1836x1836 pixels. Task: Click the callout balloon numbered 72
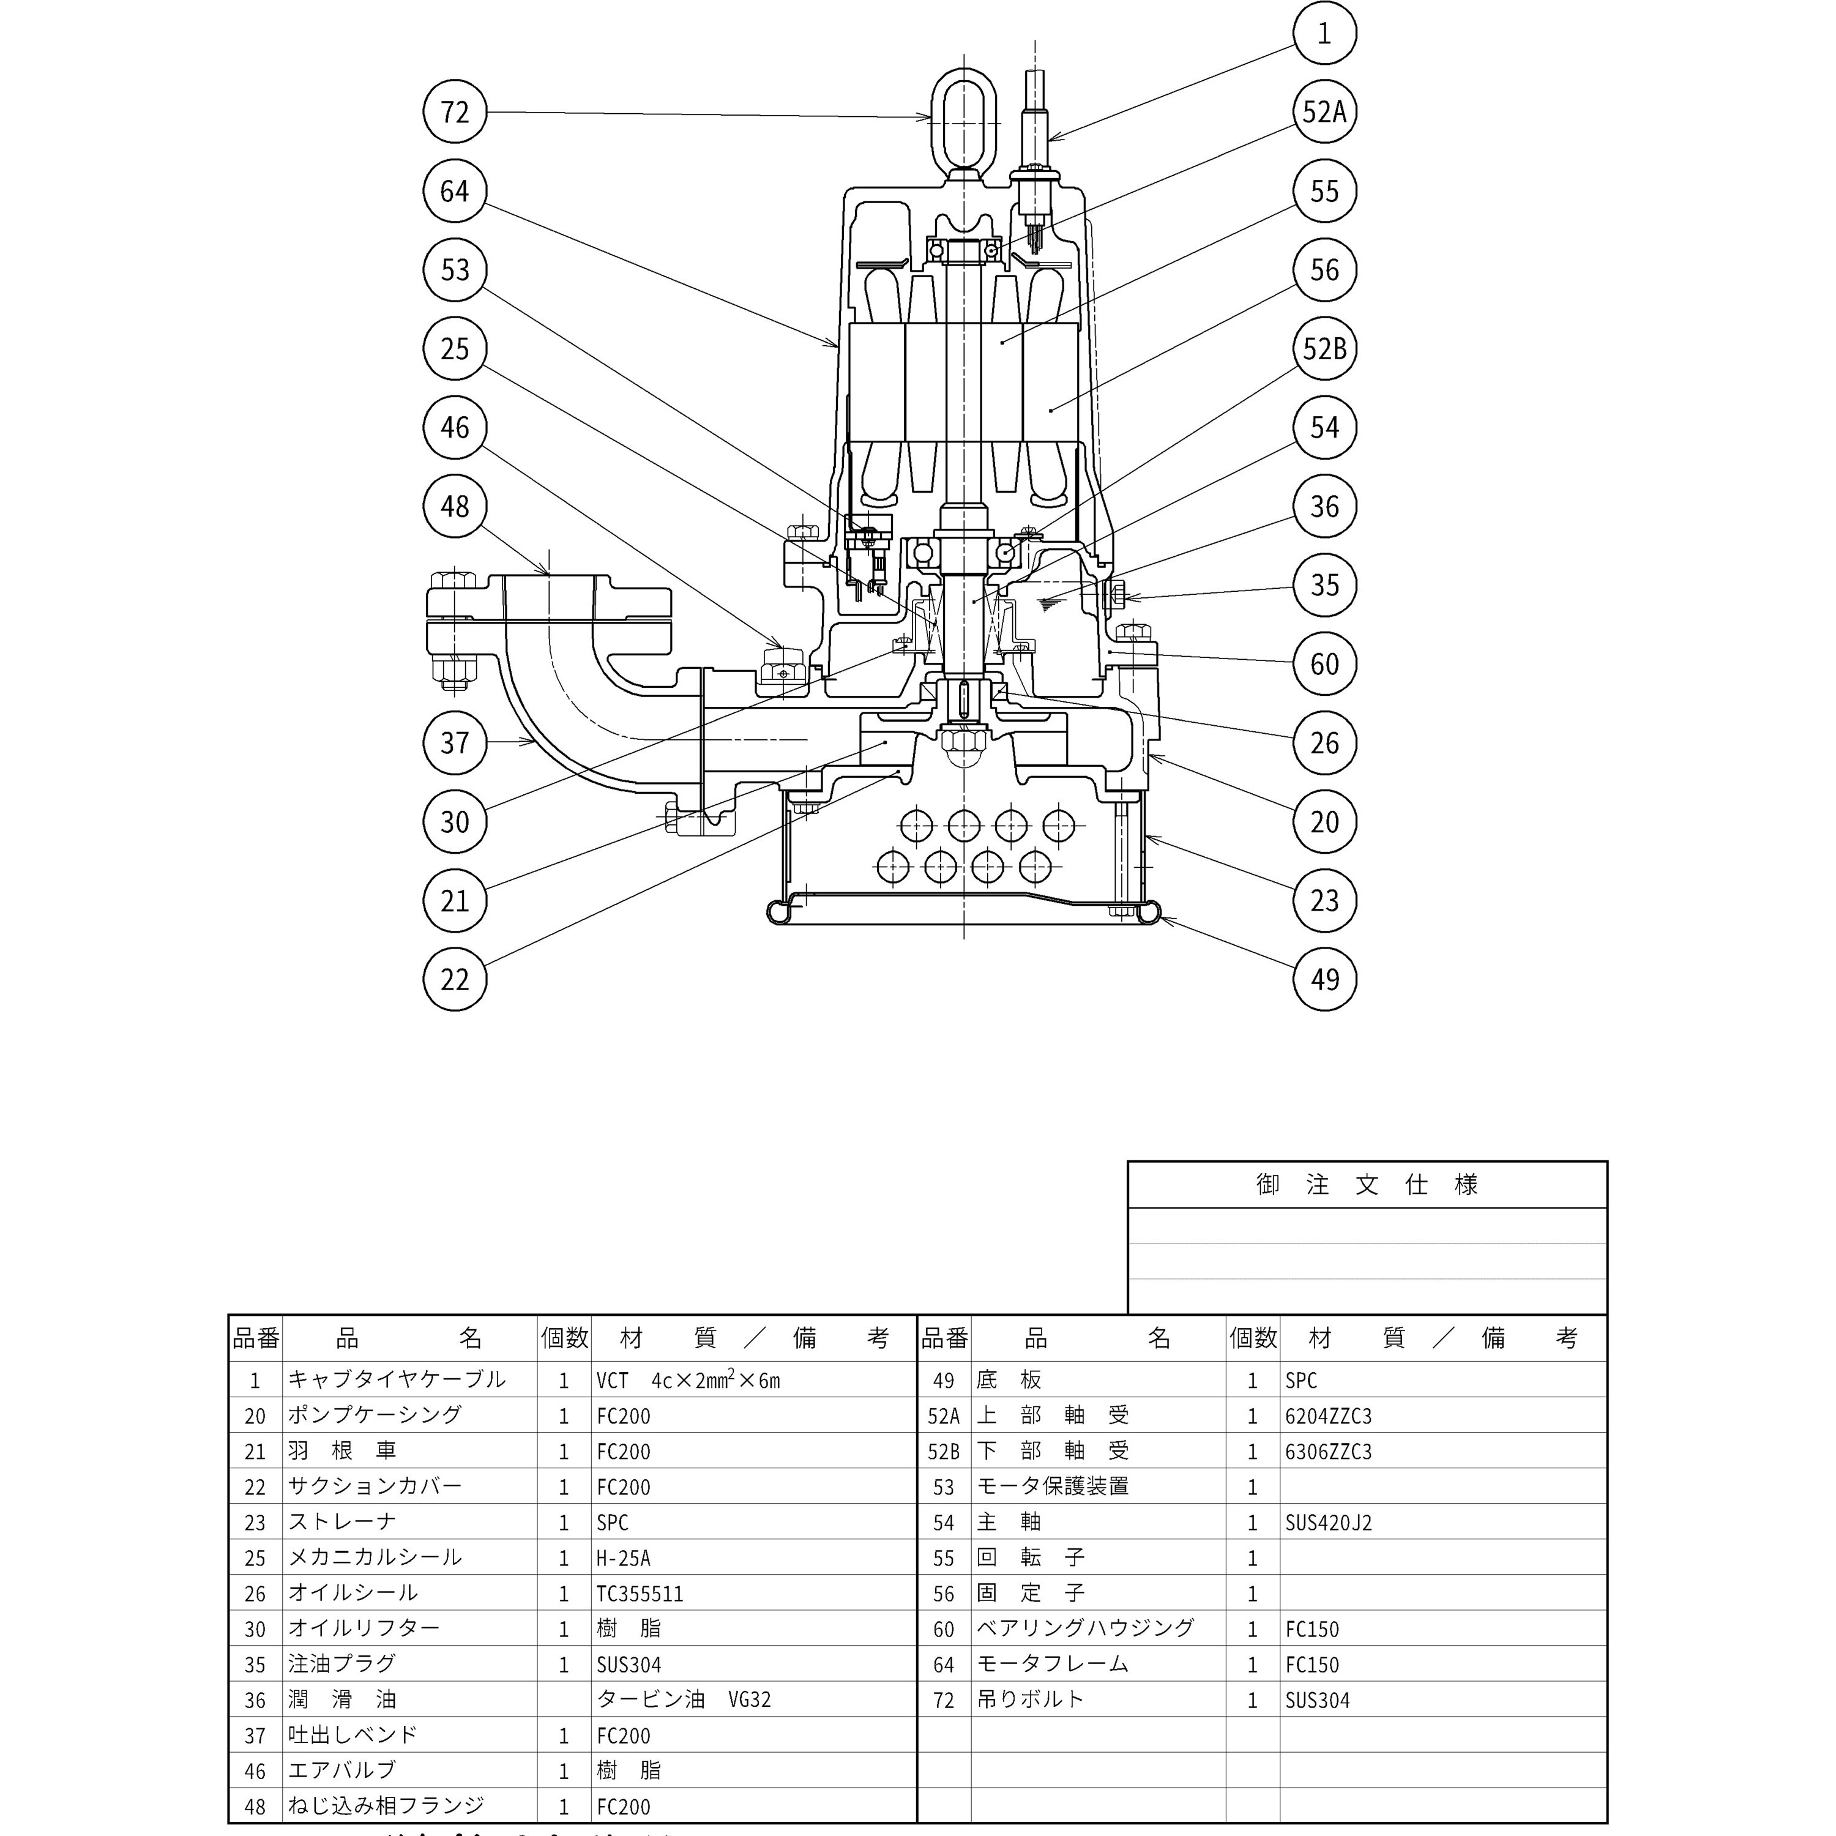click(454, 112)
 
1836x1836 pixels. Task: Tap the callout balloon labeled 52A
click(1325, 112)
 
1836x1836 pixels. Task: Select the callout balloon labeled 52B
click(1325, 349)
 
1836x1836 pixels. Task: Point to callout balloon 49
click(1325, 979)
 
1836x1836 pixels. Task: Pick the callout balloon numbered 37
click(454, 742)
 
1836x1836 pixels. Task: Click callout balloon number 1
click(1325, 33)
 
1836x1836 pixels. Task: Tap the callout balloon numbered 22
click(454, 979)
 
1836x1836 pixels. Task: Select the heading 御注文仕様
click(1367, 1184)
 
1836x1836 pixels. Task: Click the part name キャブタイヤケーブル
click(397, 1379)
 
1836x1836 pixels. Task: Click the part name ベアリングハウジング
click(1085, 1628)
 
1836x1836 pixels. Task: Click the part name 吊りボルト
click(1030, 1699)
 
